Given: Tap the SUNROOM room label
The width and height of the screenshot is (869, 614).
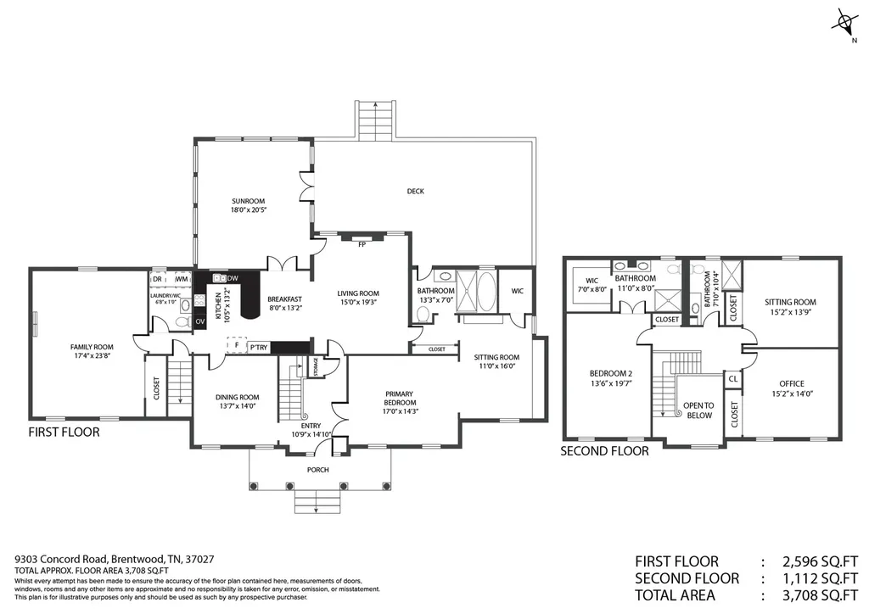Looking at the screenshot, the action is (249, 201).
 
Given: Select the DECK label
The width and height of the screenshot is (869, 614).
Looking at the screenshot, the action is (416, 191).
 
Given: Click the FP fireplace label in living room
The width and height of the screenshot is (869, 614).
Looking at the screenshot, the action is (362, 244).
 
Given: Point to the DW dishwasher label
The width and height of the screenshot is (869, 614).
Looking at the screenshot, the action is (233, 278).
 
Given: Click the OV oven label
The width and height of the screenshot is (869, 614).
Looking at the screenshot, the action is (200, 321).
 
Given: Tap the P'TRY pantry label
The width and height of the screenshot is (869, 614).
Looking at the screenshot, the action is (259, 347).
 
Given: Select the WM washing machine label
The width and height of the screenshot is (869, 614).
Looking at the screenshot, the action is (182, 279).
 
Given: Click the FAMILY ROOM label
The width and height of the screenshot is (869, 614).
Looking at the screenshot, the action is (92, 347).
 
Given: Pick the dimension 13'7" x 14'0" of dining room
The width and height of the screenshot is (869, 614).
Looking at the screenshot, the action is (238, 406).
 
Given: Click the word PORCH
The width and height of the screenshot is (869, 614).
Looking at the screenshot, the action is (318, 470).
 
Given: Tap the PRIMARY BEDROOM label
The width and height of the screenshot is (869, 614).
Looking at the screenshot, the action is (401, 399).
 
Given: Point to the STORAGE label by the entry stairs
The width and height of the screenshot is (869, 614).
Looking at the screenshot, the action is (316, 367).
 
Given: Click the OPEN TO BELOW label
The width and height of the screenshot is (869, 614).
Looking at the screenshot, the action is (699, 410).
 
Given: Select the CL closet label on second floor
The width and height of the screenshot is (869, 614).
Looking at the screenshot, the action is (733, 379).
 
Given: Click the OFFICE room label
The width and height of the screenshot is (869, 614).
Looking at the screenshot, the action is (792, 383).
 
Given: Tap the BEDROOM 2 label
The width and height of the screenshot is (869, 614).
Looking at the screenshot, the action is (611, 373).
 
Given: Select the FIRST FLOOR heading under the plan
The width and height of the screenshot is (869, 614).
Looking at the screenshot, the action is (64, 432).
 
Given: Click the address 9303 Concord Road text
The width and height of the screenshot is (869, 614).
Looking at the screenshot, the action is (63, 560).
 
